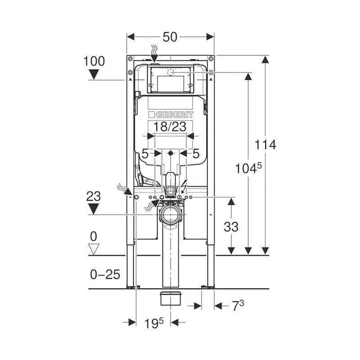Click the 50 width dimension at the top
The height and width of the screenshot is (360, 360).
[170, 37]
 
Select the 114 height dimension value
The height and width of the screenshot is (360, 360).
[265, 144]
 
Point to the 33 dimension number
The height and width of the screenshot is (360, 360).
[231, 227]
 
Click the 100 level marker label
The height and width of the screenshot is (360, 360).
[94, 61]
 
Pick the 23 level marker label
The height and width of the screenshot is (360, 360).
[94, 197]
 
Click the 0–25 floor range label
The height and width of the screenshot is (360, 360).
[105, 274]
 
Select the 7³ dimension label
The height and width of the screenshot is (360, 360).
[238, 306]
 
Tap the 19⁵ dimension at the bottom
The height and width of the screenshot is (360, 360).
[154, 323]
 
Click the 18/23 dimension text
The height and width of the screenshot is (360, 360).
[170, 127]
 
